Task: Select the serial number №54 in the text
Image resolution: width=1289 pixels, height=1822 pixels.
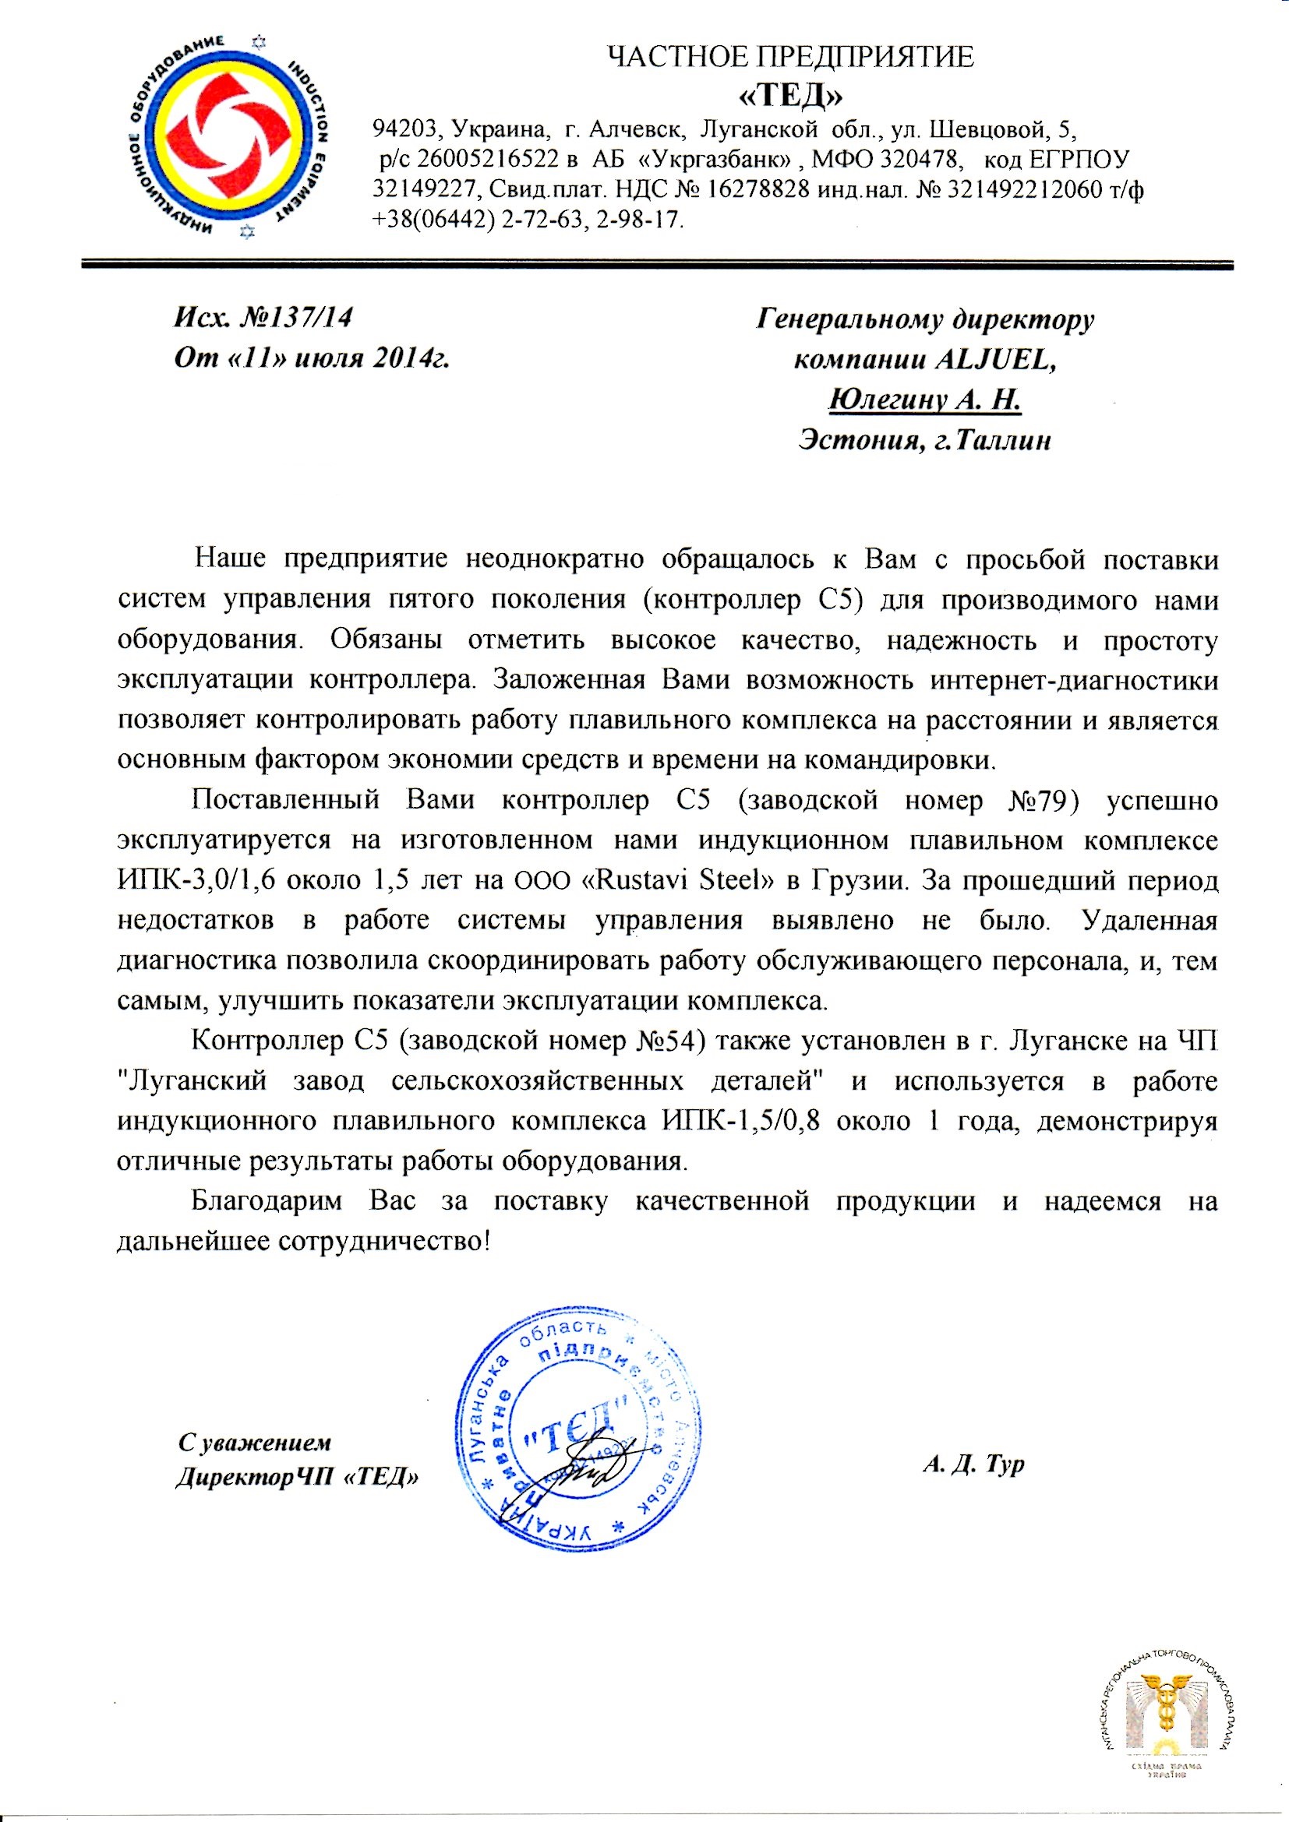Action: (x=672, y=1041)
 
